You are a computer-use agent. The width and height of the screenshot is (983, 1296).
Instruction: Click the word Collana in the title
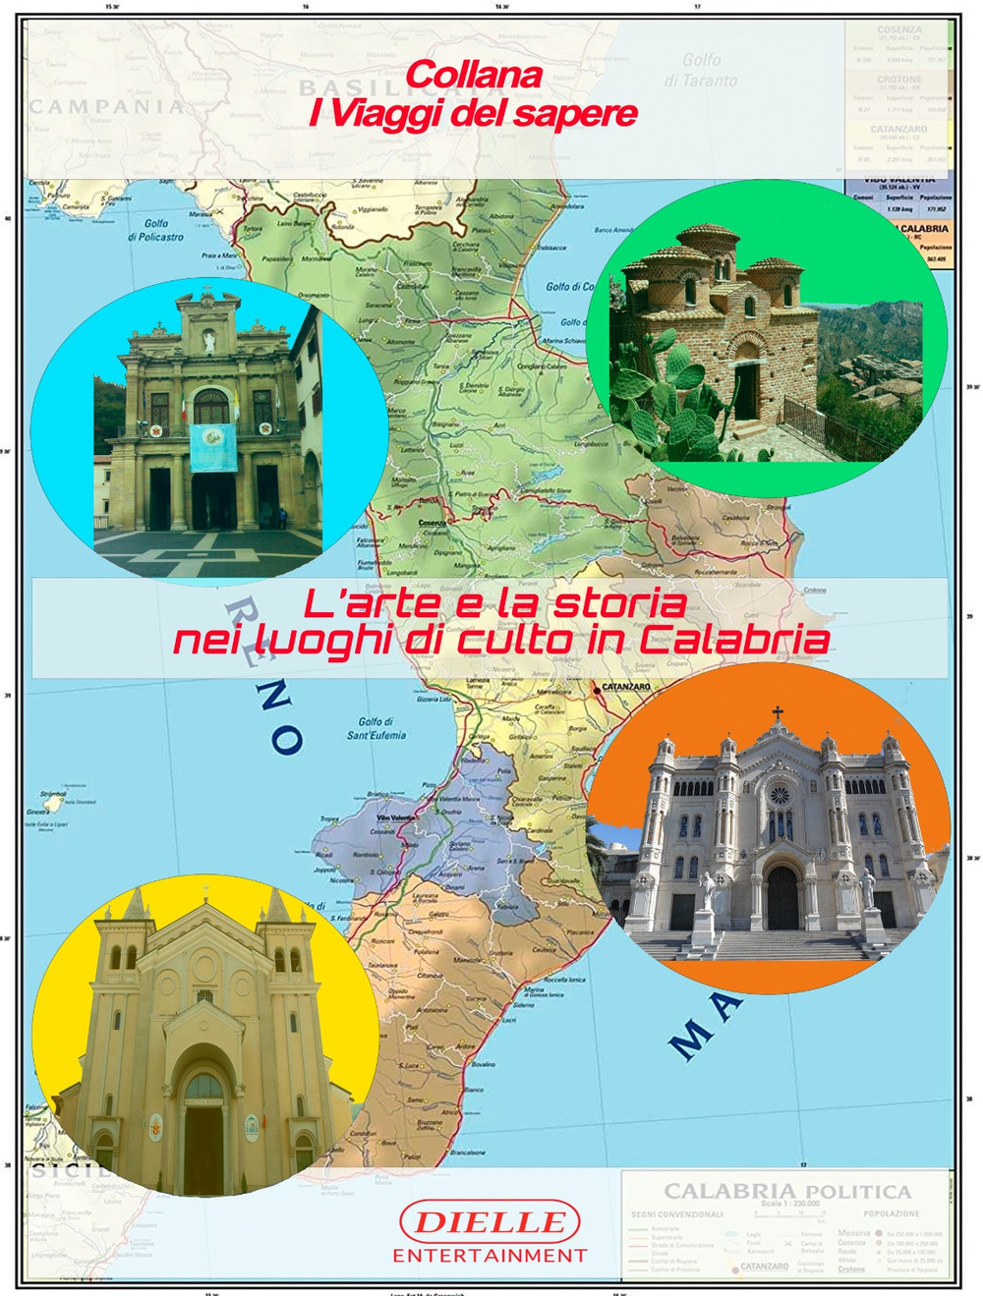[x=474, y=75]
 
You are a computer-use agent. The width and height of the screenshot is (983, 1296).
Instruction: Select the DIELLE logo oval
[x=490, y=1222]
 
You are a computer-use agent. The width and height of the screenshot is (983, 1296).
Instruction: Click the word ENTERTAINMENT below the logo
[x=490, y=1256]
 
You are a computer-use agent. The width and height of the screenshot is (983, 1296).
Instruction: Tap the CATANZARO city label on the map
[x=626, y=687]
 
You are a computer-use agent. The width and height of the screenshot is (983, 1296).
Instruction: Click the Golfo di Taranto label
[x=701, y=71]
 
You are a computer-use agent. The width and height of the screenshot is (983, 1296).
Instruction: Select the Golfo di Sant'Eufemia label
[x=376, y=728]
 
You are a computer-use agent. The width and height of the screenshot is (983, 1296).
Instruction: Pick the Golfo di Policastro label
[x=155, y=230]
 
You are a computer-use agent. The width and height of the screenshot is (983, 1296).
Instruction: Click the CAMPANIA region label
[x=106, y=106]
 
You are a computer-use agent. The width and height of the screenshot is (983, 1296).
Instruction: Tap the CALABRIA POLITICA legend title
[x=787, y=1192]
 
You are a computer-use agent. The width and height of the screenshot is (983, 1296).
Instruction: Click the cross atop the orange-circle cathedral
[x=778, y=712]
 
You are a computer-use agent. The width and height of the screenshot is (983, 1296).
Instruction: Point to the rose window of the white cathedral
[x=780, y=794]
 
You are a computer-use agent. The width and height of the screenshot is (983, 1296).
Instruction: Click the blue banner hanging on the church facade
[x=213, y=447]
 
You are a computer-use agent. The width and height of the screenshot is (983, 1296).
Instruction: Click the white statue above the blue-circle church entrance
[x=208, y=341]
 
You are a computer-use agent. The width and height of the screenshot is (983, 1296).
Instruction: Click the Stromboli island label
[x=52, y=793]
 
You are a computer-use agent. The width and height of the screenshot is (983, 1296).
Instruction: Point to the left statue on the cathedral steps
[x=706, y=896]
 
